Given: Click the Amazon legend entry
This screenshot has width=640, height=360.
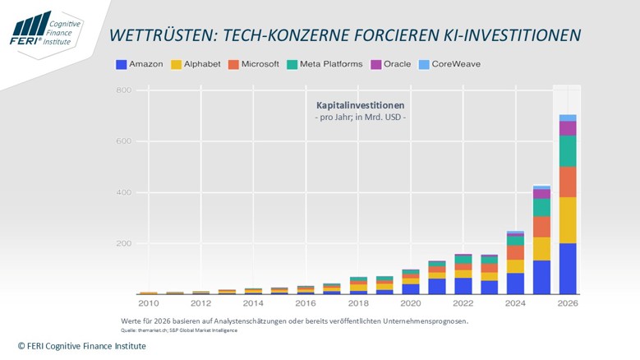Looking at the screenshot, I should [x=140, y=64].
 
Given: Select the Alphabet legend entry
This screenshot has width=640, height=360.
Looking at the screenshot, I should [x=196, y=64].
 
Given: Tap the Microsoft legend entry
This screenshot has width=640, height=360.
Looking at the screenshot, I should [x=254, y=64].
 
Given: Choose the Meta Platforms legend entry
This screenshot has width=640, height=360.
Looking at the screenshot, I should [x=325, y=64].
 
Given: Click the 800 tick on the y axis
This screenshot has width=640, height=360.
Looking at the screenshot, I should [x=123, y=90].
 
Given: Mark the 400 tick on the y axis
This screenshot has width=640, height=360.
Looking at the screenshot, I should [x=123, y=192].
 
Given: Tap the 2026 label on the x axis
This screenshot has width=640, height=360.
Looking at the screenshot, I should [x=567, y=302].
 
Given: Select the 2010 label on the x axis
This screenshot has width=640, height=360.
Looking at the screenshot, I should [x=148, y=302].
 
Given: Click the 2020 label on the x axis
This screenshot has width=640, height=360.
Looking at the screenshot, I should [x=410, y=302].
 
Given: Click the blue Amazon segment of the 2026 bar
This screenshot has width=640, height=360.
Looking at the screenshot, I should [x=568, y=268].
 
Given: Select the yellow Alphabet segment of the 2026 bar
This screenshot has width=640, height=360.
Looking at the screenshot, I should [x=568, y=220].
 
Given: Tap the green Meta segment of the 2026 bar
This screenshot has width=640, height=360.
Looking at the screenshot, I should [x=568, y=151].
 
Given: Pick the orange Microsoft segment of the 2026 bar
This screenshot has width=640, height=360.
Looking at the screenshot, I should [x=568, y=182].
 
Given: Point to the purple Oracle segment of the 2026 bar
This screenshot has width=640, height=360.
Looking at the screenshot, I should [x=568, y=128].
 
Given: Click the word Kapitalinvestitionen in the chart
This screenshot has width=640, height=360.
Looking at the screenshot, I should [x=360, y=106].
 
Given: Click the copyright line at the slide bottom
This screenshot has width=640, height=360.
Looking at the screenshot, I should [x=82, y=347].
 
